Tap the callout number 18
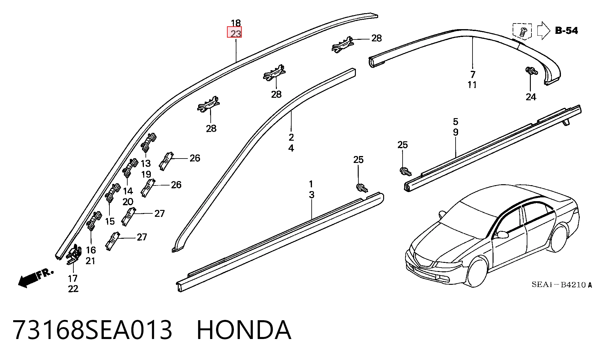[236, 23]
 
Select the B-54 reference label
[566, 30]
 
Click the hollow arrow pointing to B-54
[544, 30]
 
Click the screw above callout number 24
[531, 71]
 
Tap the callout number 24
[531, 97]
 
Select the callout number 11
[472, 85]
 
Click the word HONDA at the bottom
[244, 330]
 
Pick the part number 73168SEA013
[93, 330]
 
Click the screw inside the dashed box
[523, 31]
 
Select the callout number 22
[73, 289]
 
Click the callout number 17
[72, 278]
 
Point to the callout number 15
[110, 222]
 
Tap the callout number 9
[456, 132]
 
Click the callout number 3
[311, 195]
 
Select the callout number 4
[291, 148]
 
